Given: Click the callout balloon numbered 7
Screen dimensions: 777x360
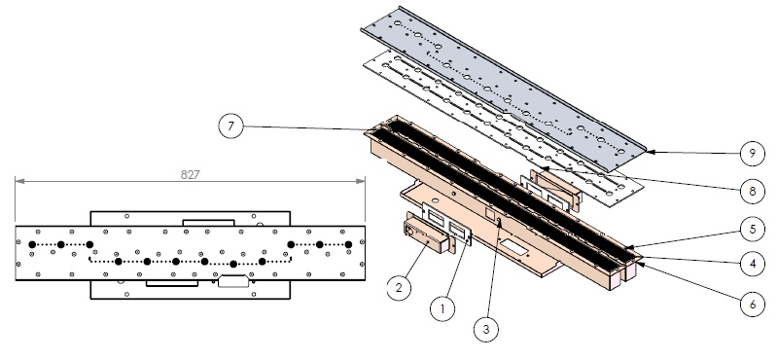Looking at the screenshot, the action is click(230, 126).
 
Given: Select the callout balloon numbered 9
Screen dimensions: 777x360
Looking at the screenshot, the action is click(753, 154).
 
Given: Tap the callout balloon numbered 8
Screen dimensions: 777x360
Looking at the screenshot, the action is click(753, 191).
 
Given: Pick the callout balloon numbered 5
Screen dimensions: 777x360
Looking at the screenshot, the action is click(753, 229).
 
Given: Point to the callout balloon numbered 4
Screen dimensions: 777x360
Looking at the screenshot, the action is click(753, 264).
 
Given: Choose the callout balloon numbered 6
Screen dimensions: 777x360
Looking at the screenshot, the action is click(753, 304).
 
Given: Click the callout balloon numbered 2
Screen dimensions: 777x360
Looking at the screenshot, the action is click(400, 287).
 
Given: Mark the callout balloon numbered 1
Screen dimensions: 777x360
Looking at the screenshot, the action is click(442, 308).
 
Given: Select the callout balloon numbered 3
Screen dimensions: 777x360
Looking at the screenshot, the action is click(485, 329).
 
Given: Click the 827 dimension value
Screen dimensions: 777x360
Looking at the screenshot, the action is click(191, 174).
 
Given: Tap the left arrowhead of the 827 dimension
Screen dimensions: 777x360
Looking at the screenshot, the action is click(19, 182).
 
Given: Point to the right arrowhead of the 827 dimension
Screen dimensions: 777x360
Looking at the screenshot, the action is click(361, 182).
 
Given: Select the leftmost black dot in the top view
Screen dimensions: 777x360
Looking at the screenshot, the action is click(32, 244).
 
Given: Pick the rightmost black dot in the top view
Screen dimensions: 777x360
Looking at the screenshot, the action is click(348, 244).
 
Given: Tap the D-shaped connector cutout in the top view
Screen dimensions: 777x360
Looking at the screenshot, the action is click(233, 280).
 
